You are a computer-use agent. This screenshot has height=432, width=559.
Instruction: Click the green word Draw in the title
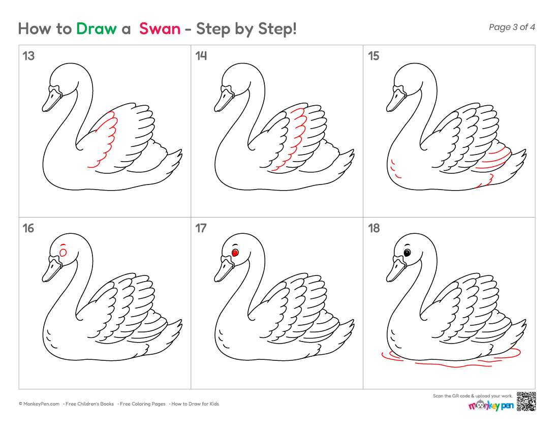96,28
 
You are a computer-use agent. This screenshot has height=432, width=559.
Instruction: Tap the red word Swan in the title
160,28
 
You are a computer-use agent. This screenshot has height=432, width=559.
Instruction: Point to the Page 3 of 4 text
512,27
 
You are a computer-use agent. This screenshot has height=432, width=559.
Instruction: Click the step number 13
28,56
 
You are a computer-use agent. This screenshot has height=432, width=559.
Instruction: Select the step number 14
201,56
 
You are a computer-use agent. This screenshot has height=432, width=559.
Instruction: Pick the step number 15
374,56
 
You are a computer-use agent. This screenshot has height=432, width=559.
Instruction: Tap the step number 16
28,228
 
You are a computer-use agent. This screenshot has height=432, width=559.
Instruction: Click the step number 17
201,228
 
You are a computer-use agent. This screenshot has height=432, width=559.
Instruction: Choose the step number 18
374,228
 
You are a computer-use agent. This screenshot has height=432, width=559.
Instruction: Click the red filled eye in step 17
235,253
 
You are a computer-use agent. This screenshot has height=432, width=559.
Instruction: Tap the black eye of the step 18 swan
407,253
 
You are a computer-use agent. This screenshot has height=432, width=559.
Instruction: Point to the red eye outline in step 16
63,253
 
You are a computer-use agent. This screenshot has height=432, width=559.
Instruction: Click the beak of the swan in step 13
51,100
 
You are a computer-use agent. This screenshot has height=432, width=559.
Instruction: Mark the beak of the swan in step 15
395,100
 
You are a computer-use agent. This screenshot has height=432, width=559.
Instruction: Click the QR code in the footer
526,402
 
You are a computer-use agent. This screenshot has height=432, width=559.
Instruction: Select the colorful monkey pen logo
491,406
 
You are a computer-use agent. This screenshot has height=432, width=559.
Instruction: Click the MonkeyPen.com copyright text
39,404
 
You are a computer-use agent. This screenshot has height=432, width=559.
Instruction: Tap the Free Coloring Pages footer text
143,404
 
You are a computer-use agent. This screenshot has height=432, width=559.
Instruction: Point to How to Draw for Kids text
195,404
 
